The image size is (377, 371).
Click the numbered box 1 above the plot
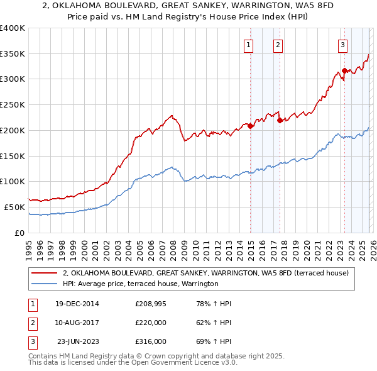[249, 45]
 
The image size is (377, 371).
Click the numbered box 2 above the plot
[278, 45]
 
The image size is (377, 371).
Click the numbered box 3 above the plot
[342, 45]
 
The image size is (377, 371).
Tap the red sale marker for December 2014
[251, 126]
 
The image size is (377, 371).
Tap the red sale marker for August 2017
[280, 120]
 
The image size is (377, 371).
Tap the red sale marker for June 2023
[344, 70]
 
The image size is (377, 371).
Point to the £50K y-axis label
[14, 207]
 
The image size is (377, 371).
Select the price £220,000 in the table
[150, 323]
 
